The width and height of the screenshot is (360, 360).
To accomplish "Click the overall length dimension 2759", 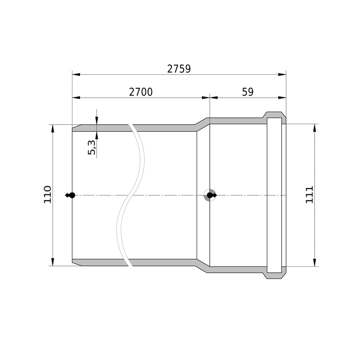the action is click(x=179, y=69).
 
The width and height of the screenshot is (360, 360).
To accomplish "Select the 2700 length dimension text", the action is click(x=141, y=92).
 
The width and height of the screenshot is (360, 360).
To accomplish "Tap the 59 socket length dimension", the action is click(x=248, y=92).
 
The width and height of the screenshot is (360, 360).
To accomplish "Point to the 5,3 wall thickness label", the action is click(x=92, y=147).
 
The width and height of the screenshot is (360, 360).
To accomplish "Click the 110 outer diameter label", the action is click(x=48, y=194).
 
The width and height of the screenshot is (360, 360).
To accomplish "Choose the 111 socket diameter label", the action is click(x=309, y=195).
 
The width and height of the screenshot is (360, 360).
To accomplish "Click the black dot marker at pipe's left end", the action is click(x=72, y=195).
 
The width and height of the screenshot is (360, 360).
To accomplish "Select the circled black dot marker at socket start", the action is click(x=210, y=195).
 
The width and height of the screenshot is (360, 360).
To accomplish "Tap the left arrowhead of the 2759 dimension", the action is click(x=76, y=75).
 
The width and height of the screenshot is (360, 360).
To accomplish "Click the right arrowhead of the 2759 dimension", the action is click(x=282, y=75).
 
